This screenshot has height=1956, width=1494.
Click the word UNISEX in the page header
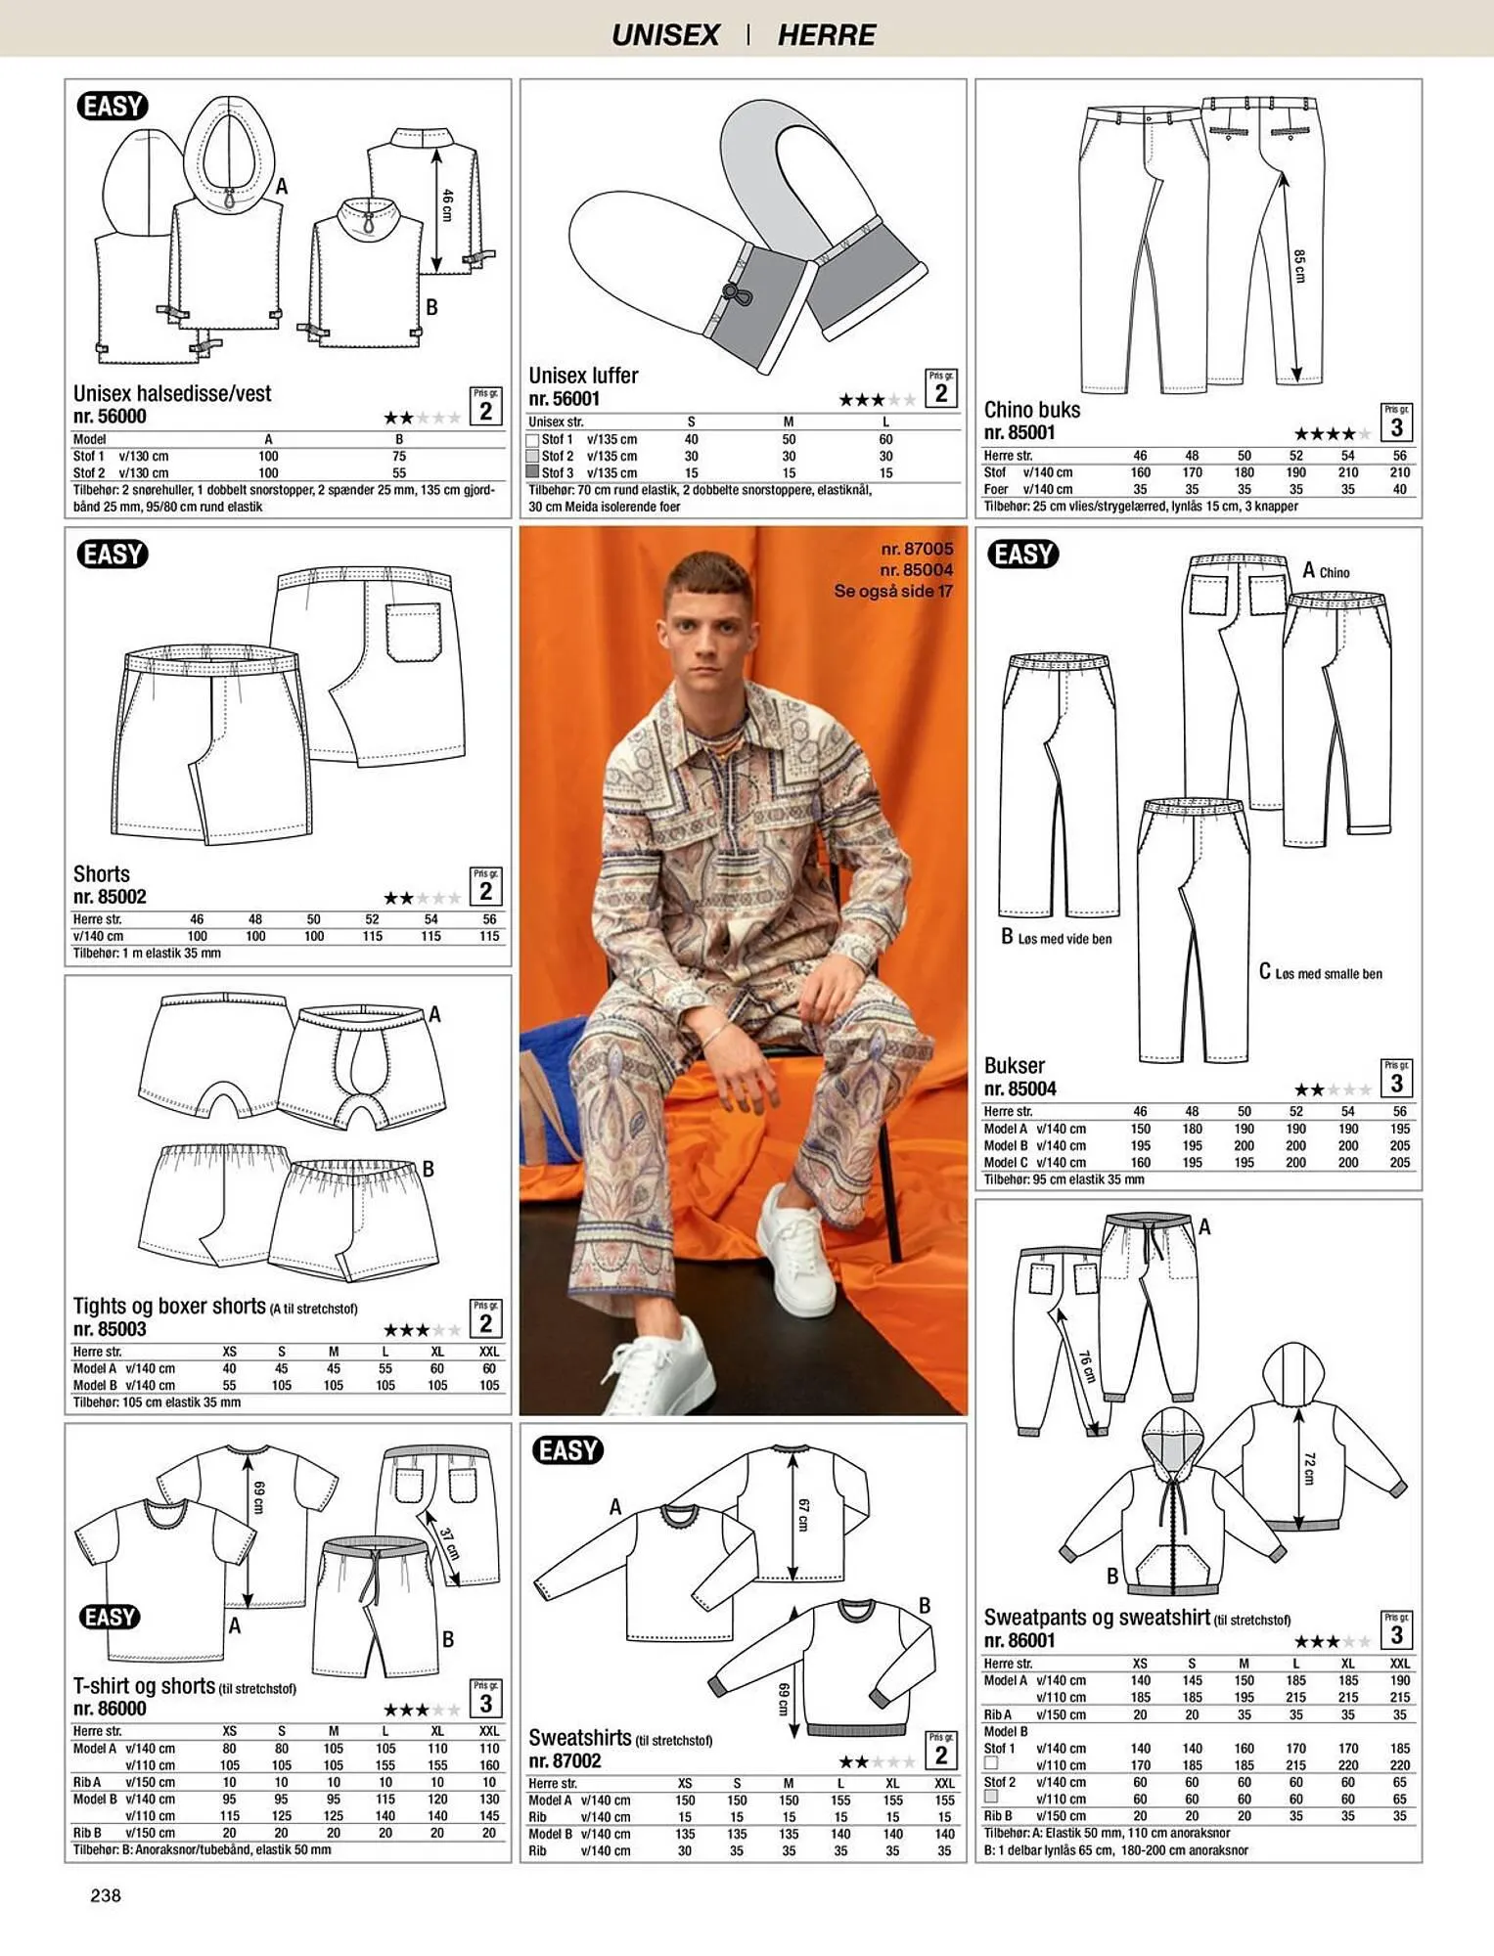tap(665, 35)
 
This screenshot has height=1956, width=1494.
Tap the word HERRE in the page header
tap(827, 35)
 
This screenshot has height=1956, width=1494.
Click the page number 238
tap(106, 1895)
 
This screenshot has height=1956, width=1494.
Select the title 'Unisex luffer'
tap(583, 376)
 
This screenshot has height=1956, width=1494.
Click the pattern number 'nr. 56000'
tap(110, 416)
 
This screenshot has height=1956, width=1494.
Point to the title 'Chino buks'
tap(1032, 410)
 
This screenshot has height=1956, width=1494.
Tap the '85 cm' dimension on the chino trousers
tap(1298, 266)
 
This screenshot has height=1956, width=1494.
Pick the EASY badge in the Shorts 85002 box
tap(113, 555)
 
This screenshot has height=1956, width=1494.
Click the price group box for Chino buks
tap(1396, 422)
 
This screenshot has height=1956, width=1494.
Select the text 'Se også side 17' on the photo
tap(893, 591)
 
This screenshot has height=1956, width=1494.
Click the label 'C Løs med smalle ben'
tap(1320, 972)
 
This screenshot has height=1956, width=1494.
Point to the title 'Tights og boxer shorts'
tap(169, 1307)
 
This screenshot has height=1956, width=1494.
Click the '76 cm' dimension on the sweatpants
tap(1086, 1366)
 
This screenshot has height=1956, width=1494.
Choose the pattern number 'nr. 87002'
tap(565, 1760)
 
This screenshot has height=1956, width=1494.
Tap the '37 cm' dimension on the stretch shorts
tap(448, 1544)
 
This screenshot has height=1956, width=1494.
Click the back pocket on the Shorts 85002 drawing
tap(413, 632)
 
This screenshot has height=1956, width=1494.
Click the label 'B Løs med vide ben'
tap(1057, 938)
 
